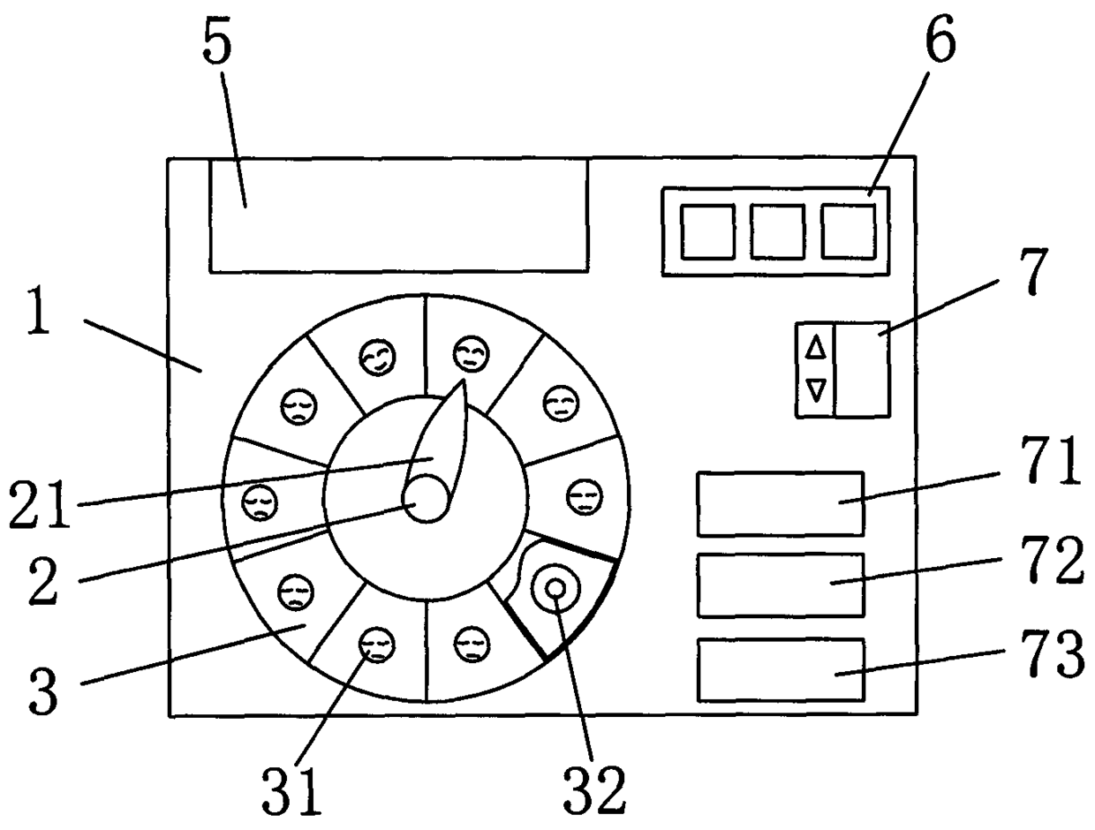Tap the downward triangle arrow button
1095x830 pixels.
coord(817,389)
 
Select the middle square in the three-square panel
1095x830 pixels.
coord(777,231)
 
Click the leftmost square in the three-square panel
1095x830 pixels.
coord(706,231)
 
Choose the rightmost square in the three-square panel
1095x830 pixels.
coord(848,231)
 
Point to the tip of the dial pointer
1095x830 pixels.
coord(464,382)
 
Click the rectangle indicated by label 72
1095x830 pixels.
coord(780,585)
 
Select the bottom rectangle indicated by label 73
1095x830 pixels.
coord(780,670)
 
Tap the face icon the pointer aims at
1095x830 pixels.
coord(470,353)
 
